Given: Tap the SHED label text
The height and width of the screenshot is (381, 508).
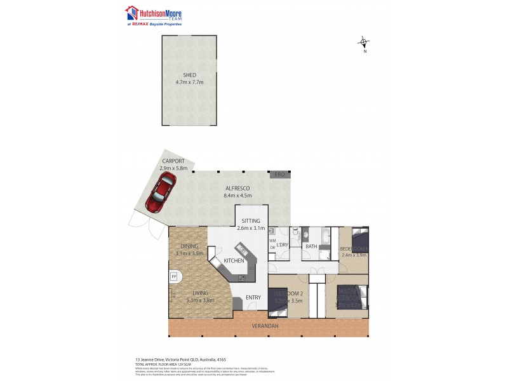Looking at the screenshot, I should coord(190,75).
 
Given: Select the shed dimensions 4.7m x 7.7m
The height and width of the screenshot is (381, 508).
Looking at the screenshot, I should coord(190,83).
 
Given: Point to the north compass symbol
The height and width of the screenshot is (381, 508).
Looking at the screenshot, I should coord(364,43).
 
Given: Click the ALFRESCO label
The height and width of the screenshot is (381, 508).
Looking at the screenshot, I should coord(238,189).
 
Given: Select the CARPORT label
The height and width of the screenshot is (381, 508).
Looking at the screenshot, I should coord(173,161).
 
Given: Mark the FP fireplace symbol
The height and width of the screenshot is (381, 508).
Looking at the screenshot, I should coord(173,277).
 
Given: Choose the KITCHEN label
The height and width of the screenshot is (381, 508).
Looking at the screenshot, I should coord(234,260).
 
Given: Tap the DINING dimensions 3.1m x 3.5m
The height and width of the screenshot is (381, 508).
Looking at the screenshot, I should coord(189,253).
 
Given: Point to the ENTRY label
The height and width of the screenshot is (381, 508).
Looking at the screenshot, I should coord(253,297).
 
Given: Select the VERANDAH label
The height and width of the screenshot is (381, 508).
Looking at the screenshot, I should coord(267,326).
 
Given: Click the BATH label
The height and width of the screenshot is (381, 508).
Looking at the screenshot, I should coord(311,246).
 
